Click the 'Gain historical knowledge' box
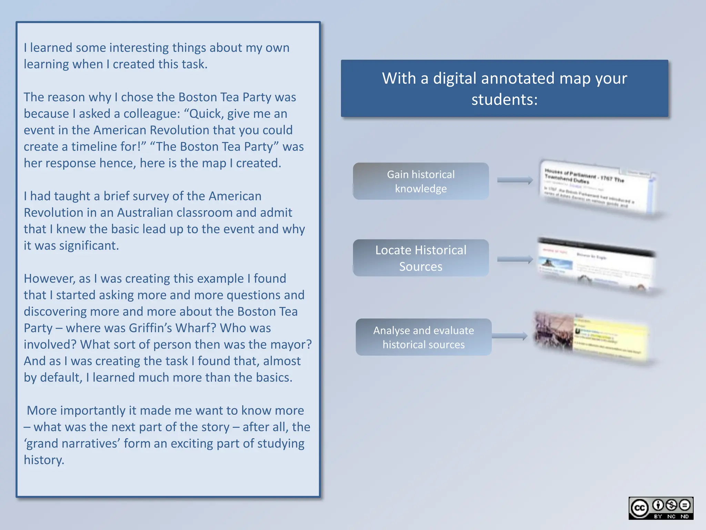coord(421,181)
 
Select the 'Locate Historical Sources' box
coord(421,258)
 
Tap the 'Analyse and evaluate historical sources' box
coord(423,337)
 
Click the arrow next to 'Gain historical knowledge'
coord(515,180)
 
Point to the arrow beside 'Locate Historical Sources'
coord(515,259)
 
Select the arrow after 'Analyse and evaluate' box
coord(510,336)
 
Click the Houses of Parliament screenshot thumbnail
coord(598,188)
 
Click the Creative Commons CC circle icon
coord(639,508)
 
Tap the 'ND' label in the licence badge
coord(684,517)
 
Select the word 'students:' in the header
coord(504,100)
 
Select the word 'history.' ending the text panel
coord(44,460)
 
